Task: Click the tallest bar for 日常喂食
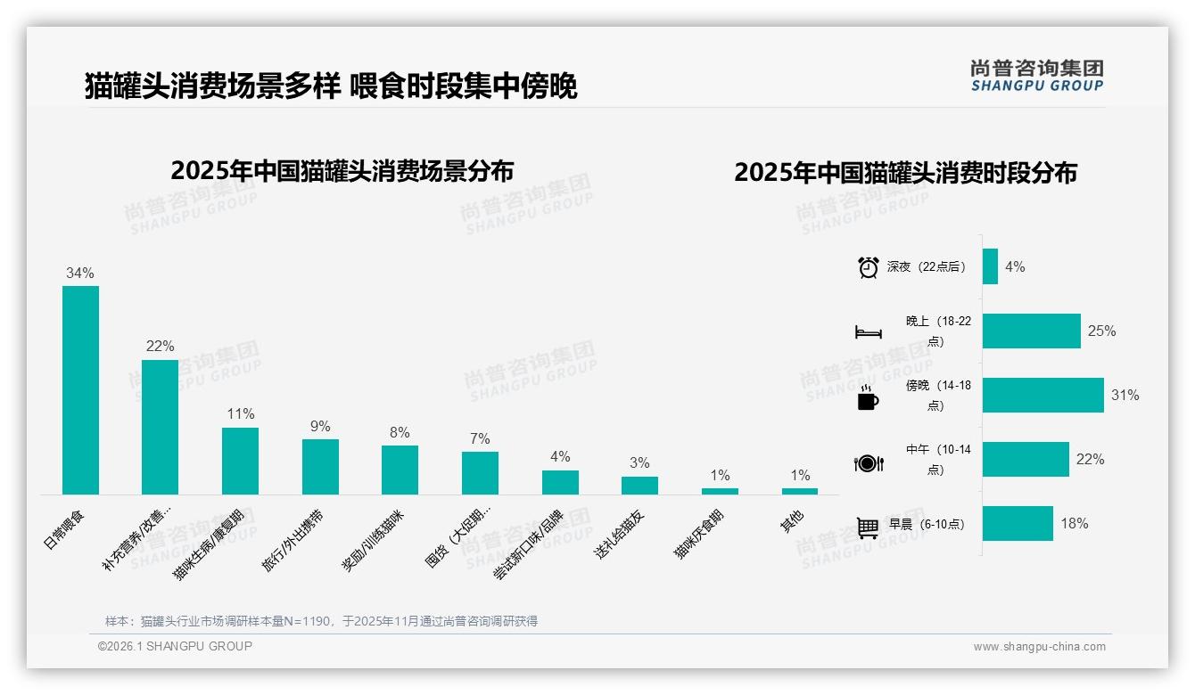[80, 389]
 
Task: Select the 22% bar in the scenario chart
[160, 427]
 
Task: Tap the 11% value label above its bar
[241, 414]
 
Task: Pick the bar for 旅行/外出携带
[320, 466]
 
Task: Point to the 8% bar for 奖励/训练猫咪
[400, 470]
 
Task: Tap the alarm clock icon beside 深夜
[868, 267]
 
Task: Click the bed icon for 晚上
[868, 332]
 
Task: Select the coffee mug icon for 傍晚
[868, 398]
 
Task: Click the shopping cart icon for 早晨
[868, 527]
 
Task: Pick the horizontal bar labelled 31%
[1043, 395]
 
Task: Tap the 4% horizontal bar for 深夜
[990, 266]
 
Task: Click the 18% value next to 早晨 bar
[1074, 524]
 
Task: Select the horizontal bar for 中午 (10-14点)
[1026, 459]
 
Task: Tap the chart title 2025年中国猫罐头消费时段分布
[905, 172]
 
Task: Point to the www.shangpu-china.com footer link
[1039, 647]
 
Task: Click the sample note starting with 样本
[321, 621]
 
